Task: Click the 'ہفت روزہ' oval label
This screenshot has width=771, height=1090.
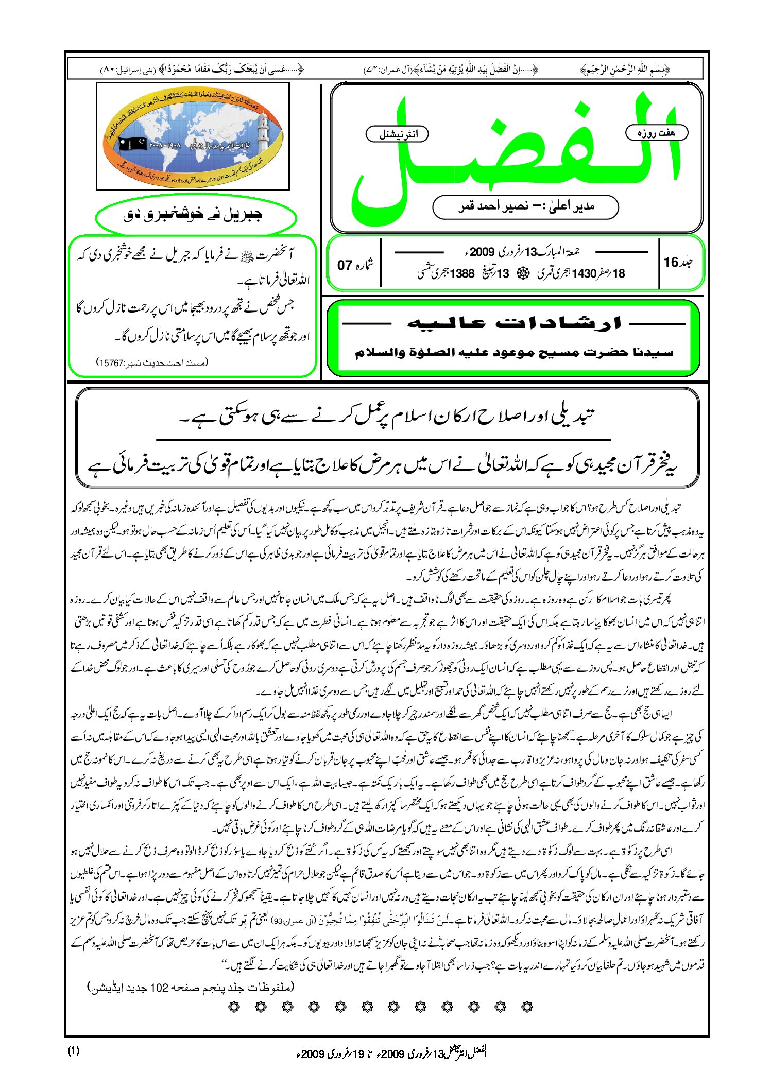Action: (x=656, y=133)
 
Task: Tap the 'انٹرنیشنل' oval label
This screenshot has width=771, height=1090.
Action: (x=397, y=134)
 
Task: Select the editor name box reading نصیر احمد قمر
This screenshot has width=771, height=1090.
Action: (x=525, y=207)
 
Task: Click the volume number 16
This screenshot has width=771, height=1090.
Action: (x=671, y=263)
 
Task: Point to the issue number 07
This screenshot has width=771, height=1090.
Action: (x=344, y=265)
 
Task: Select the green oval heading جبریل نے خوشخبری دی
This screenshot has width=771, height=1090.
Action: (x=196, y=215)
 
